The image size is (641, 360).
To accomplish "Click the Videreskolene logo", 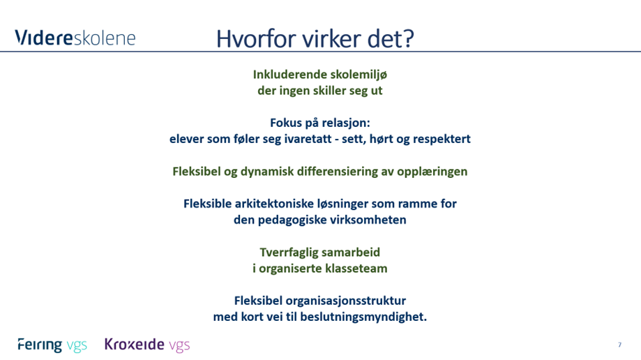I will pos(75,38).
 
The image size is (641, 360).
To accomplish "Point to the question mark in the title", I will pos(407,38).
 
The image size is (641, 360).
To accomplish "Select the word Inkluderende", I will pos(287,75).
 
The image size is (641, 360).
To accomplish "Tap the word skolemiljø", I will pos(356,75).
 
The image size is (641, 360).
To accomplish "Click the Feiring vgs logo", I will pos(52,345).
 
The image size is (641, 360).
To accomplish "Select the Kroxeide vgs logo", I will pos(146,345).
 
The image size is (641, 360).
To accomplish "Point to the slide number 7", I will pos(619,345).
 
